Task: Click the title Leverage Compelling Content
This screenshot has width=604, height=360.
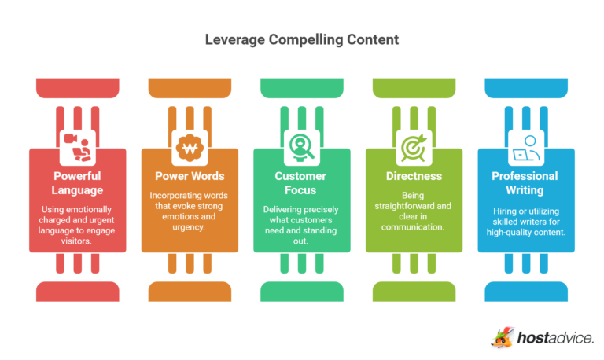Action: point(302,39)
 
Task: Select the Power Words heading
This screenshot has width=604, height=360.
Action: point(190,175)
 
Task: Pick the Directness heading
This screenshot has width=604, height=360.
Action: point(414,175)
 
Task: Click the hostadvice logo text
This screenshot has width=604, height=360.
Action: point(555,338)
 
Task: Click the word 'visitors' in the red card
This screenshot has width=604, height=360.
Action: point(78,241)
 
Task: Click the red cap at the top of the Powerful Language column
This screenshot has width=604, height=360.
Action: point(78,88)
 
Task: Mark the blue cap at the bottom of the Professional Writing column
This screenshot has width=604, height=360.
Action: point(525,292)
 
